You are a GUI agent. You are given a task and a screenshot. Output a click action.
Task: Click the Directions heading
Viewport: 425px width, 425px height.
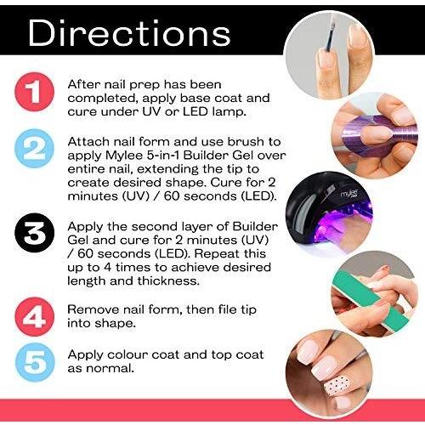(x=129, y=32)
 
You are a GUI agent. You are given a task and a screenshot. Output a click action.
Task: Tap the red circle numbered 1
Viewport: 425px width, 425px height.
(x=34, y=92)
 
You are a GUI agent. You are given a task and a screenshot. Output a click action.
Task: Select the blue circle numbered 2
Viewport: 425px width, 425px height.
(x=34, y=148)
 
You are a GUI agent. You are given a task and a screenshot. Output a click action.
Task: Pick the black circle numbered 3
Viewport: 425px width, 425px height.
(x=34, y=233)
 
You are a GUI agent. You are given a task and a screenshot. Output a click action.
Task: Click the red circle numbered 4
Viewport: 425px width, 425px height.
(x=34, y=316)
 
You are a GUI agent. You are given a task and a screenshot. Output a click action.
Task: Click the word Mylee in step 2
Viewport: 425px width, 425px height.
(x=123, y=156)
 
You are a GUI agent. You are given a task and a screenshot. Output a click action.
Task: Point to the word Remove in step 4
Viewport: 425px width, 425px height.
(x=90, y=309)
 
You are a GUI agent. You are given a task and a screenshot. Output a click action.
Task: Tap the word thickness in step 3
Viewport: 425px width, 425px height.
(x=168, y=280)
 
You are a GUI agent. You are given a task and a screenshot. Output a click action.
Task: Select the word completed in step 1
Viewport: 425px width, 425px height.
(x=103, y=99)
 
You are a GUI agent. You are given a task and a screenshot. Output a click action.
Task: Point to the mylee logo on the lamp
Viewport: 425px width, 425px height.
(x=349, y=195)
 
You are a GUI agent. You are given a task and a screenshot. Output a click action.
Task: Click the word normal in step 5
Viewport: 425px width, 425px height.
(x=110, y=368)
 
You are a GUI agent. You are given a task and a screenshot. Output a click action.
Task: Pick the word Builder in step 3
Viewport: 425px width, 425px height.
(x=255, y=226)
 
